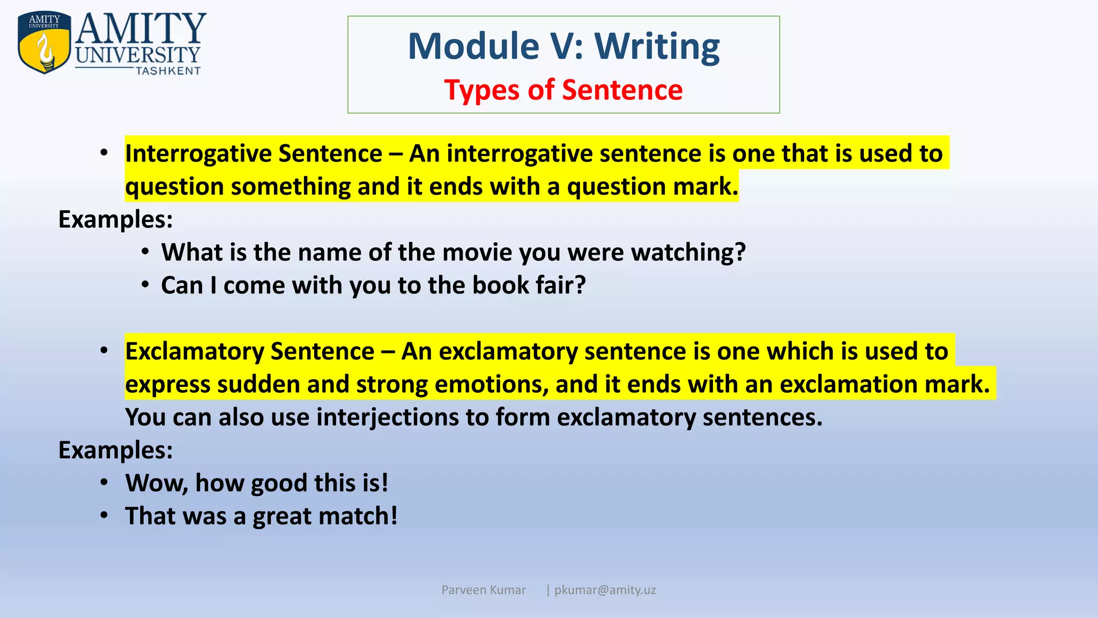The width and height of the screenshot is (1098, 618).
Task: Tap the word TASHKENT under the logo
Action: (168, 71)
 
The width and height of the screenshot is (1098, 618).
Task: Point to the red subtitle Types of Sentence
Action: (563, 90)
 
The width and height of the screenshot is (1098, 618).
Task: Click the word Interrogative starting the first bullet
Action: (199, 154)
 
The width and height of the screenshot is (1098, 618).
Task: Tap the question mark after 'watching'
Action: (740, 252)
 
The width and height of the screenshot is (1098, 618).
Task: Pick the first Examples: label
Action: (115, 219)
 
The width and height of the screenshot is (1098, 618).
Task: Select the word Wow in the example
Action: (156, 483)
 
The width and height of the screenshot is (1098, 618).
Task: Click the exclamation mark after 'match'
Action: (394, 516)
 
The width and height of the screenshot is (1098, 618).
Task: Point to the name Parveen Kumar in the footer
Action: (483, 590)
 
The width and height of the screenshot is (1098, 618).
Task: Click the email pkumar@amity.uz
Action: (605, 590)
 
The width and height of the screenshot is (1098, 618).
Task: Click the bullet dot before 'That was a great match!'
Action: (105, 516)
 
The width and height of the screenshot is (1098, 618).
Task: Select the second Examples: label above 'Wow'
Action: (115, 450)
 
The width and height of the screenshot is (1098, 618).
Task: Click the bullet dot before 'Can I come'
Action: (145, 285)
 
